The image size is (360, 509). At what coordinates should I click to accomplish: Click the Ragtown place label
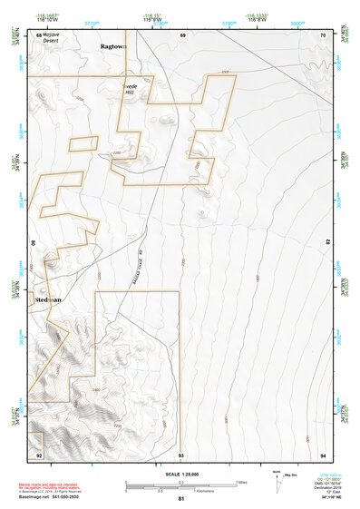114,44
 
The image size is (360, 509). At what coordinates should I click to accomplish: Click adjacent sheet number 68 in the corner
38,34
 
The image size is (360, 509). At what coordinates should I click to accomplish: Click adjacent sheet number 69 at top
182,34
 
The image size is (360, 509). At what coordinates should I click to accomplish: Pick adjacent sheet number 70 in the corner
323,34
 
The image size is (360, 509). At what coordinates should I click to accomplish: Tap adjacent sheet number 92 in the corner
38,454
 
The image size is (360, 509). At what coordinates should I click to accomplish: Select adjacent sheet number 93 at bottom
181,454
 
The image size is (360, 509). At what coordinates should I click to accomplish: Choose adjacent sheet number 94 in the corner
323,454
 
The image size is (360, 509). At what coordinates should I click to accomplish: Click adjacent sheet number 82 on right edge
327,243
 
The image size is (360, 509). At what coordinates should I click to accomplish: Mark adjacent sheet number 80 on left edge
34,243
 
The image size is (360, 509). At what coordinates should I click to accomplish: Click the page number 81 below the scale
181,499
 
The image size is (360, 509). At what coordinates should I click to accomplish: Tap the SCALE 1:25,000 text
181,475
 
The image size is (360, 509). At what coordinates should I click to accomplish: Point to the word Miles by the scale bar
240,481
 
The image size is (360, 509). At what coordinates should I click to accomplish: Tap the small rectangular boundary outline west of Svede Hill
83,142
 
